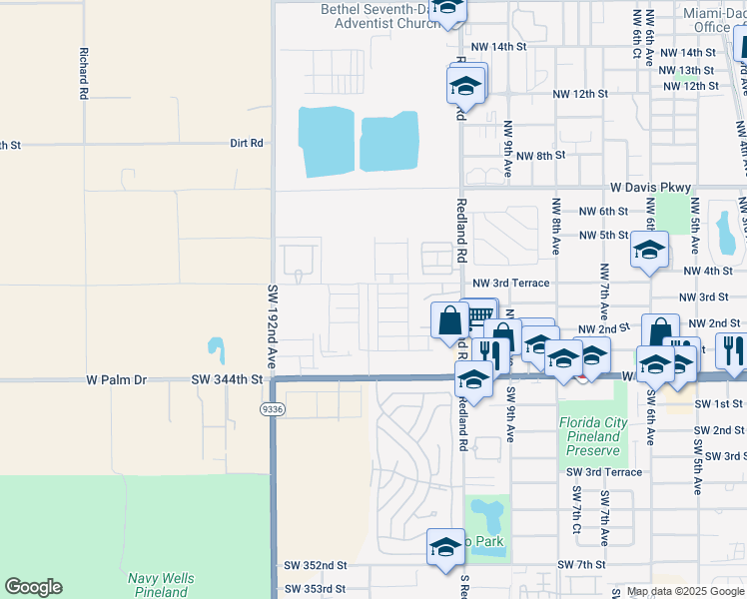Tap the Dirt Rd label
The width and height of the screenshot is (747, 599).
click(246, 143)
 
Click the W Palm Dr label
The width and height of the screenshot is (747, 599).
click(116, 379)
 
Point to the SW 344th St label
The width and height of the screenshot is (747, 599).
click(227, 379)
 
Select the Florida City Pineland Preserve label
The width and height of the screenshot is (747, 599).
click(593, 436)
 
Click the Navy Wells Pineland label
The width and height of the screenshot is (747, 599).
click(161, 585)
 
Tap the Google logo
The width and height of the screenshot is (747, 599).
click(34, 587)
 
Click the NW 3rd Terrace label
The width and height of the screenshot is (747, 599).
click(510, 284)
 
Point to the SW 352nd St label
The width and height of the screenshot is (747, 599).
click(315, 564)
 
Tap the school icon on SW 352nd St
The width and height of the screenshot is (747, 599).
click(446, 546)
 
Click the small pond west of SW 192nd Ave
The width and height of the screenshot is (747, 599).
click(216, 349)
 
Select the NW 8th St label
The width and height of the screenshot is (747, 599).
click(541, 156)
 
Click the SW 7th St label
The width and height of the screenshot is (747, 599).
click(581, 565)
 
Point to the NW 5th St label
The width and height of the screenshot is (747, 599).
click(603, 237)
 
